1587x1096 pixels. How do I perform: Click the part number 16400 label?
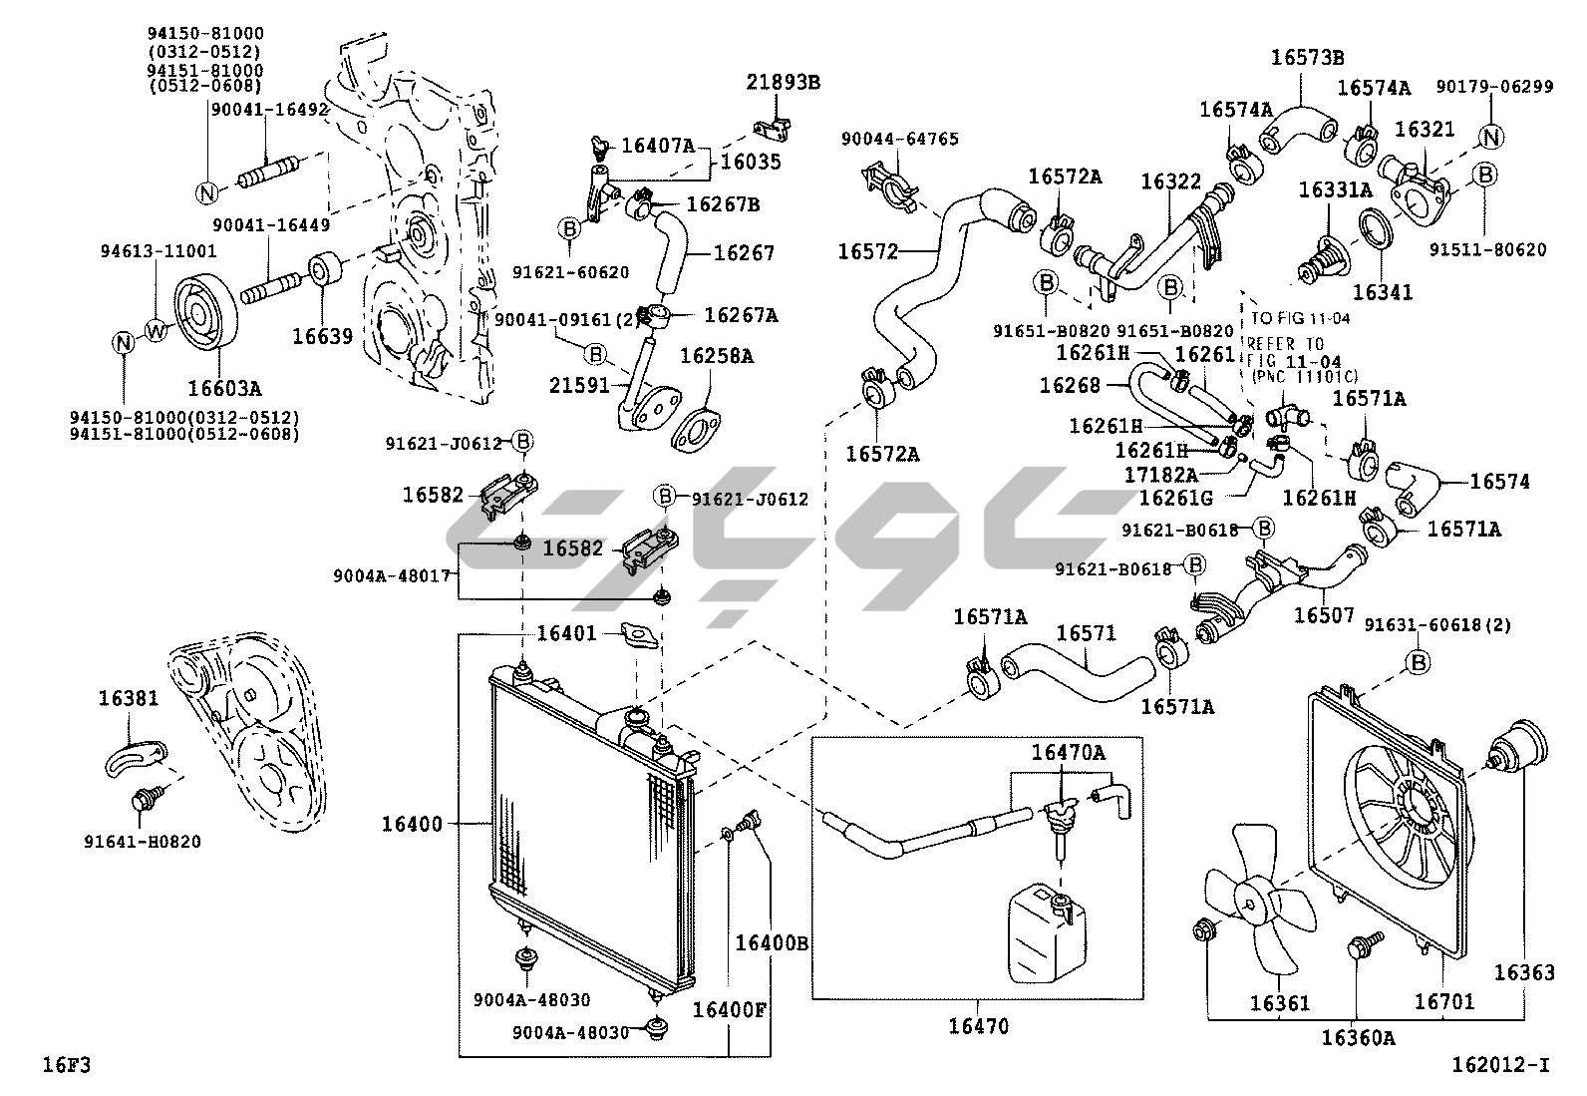[412, 824]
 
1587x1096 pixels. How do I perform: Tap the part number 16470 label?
[978, 1025]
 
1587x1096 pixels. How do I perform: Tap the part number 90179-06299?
[1494, 87]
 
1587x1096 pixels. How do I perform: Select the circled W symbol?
[157, 331]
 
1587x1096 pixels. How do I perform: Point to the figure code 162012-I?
[1501, 1065]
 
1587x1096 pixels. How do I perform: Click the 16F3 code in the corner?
[66, 1065]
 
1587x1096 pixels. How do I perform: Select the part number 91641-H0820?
[143, 842]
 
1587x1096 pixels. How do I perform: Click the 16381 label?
[128, 698]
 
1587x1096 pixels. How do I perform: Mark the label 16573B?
[1307, 57]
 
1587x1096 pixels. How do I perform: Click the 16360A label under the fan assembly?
[1358, 1038]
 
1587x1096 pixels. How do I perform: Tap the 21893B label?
[783, 82]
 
